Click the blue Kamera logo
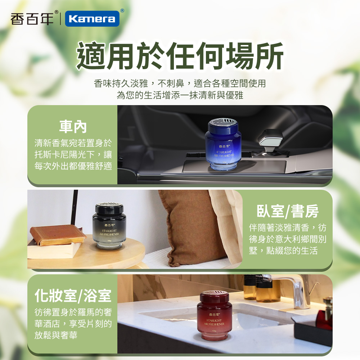click(x=92, y=19)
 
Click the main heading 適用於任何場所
click(x=180, y=56)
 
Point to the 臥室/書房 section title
click(x=287, y=211)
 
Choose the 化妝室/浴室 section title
click(x=73, y=296)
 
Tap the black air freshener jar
click(x=109, y=226)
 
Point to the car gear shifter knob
click(x=270, y=139)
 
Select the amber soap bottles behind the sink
click(x=262, y=288)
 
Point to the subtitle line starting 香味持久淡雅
click(x=180, y=84)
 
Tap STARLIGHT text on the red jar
click(x=214, y=320)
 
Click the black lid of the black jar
click(x=109, y=208)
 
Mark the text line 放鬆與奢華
click(x=56, y=335)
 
